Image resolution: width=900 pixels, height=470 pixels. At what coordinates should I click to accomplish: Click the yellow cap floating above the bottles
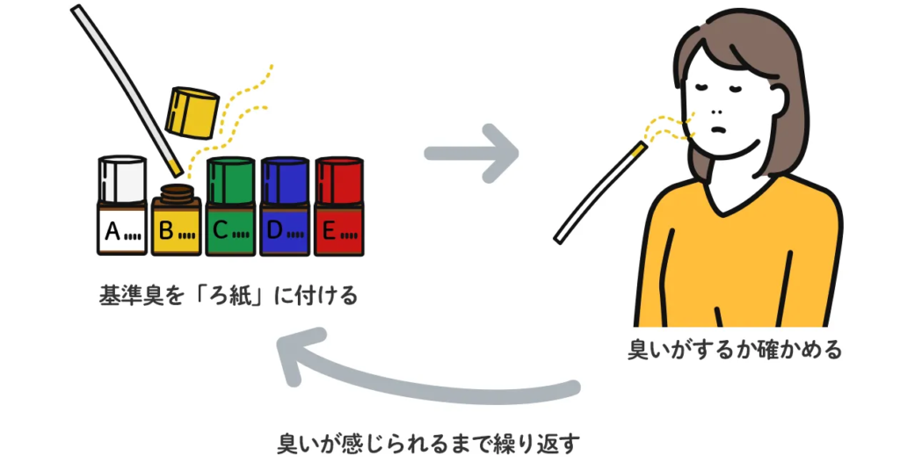(x=192, y=111)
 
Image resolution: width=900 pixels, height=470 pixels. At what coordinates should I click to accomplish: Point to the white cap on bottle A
(x=122, y=179)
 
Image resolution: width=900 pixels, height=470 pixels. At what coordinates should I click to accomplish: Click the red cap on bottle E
(x=339, y=179)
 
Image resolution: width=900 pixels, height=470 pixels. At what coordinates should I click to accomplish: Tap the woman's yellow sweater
(x=738, y=255)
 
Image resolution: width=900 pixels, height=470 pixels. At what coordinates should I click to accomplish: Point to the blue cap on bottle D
(x=285, y=179)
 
